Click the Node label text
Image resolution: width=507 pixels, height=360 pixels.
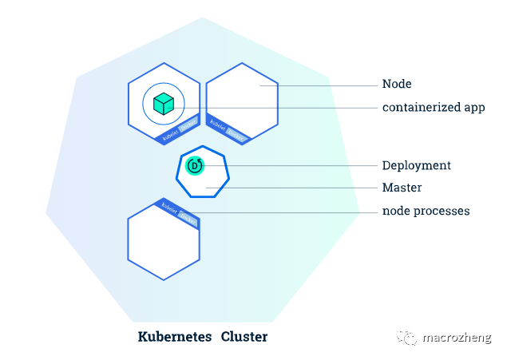[397, 84]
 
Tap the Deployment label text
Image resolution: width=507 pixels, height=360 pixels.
[416, 165]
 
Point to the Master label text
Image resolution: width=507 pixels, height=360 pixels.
[402, 188]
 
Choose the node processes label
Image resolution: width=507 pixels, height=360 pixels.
[426, 211]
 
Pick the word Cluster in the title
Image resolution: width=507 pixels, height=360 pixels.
[244, 336]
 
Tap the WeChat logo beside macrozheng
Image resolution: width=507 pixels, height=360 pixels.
[409, 338]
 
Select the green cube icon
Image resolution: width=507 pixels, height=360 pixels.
[164, 103]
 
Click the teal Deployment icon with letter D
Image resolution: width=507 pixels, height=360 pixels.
[195, 165]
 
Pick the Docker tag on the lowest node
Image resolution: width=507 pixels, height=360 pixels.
[187, 216]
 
